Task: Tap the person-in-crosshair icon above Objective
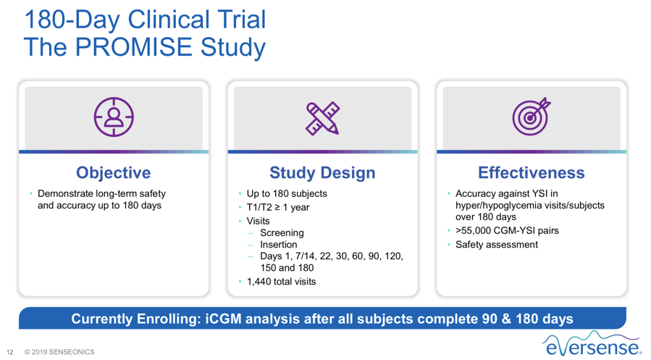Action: pyautogui.click(x=114, y=117)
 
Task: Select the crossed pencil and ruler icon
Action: pyautogui.click(x=322, y=118)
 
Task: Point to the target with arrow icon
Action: pyautogui.click(x=532, y=117)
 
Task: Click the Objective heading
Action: pyautogui.click(x=114, y=172)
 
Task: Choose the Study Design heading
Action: pyautogui.click(x=322, y=172)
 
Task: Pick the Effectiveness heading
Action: pyautogui.click(x=531, y=172)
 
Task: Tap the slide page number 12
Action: pyautogui.click(x=10, y=352)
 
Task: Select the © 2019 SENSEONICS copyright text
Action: pyautogui.click(x=59, y=352)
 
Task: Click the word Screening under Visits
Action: pyautogui.click(x=282, y=233)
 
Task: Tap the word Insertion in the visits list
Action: pyautogui.click(x=279, y=245)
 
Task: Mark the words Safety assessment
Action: pyautogui.click(x=497, y=245)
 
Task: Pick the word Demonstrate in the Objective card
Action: pyautogui.click(x=65, y=193)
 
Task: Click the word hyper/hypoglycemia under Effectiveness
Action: pyautogui.click(x=496, y=206)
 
